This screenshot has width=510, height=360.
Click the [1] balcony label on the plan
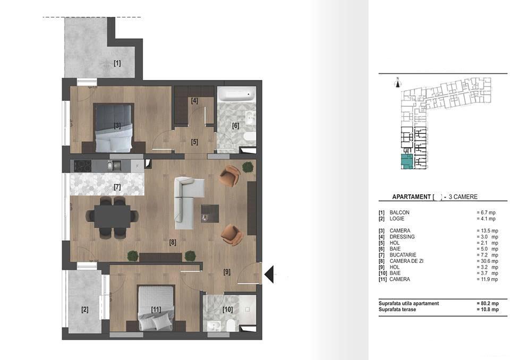click(117, 63)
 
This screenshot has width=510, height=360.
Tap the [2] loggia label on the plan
click(84, 309)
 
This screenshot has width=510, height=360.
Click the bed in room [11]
click(156, 308)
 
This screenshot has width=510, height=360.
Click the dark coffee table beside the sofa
click(210, 213)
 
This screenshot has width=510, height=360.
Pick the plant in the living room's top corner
click(248, 167)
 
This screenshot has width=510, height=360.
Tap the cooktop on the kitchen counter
click(83, 165)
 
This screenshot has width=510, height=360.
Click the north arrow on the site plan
click(397, 81)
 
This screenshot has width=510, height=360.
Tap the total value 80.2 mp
click(487, 303)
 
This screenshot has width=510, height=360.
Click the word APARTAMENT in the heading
click(411, 197)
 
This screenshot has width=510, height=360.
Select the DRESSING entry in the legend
click(402, 236)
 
